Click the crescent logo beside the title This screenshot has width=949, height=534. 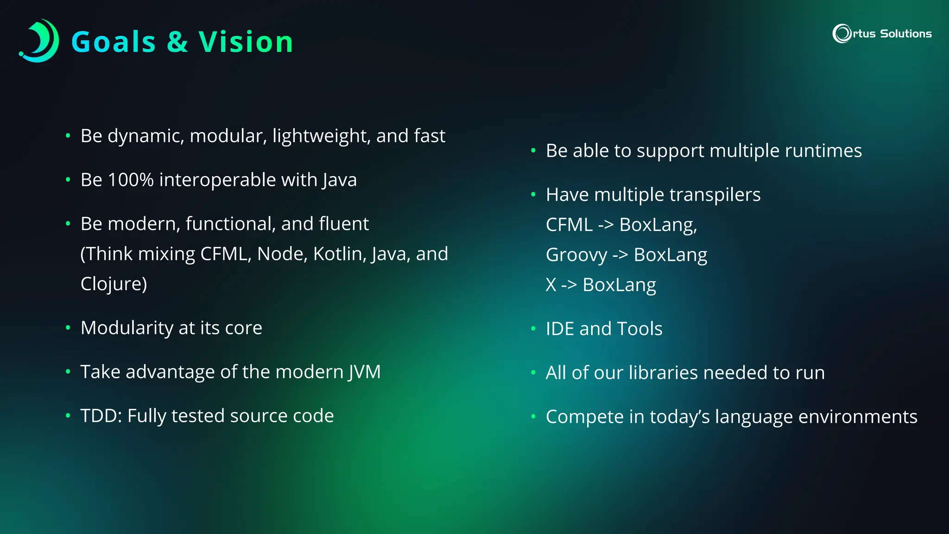(x=40, y=41)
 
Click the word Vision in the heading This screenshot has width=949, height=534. (x=246, y=42)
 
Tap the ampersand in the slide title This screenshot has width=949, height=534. (x=177, y=42)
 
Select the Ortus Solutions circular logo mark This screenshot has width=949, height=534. (x=841, y=33)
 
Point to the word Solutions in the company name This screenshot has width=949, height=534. (x=905, y=34)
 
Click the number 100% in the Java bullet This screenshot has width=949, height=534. (x=130, y=180)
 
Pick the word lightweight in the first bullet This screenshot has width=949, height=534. (x=321, y=136)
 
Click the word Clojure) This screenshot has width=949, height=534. (x=114, y=284)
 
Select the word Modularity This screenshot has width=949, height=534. (x=127, y=328)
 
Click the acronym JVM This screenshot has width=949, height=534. (x=365, y=372)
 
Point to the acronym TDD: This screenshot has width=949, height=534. (x=101, y=416)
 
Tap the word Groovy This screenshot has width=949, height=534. (x=576, y=255)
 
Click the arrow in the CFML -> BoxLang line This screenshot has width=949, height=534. (x=606, y=225)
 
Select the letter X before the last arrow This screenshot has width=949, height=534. (x=550, y=285)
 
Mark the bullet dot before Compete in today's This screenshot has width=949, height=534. (x=533, y=417)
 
